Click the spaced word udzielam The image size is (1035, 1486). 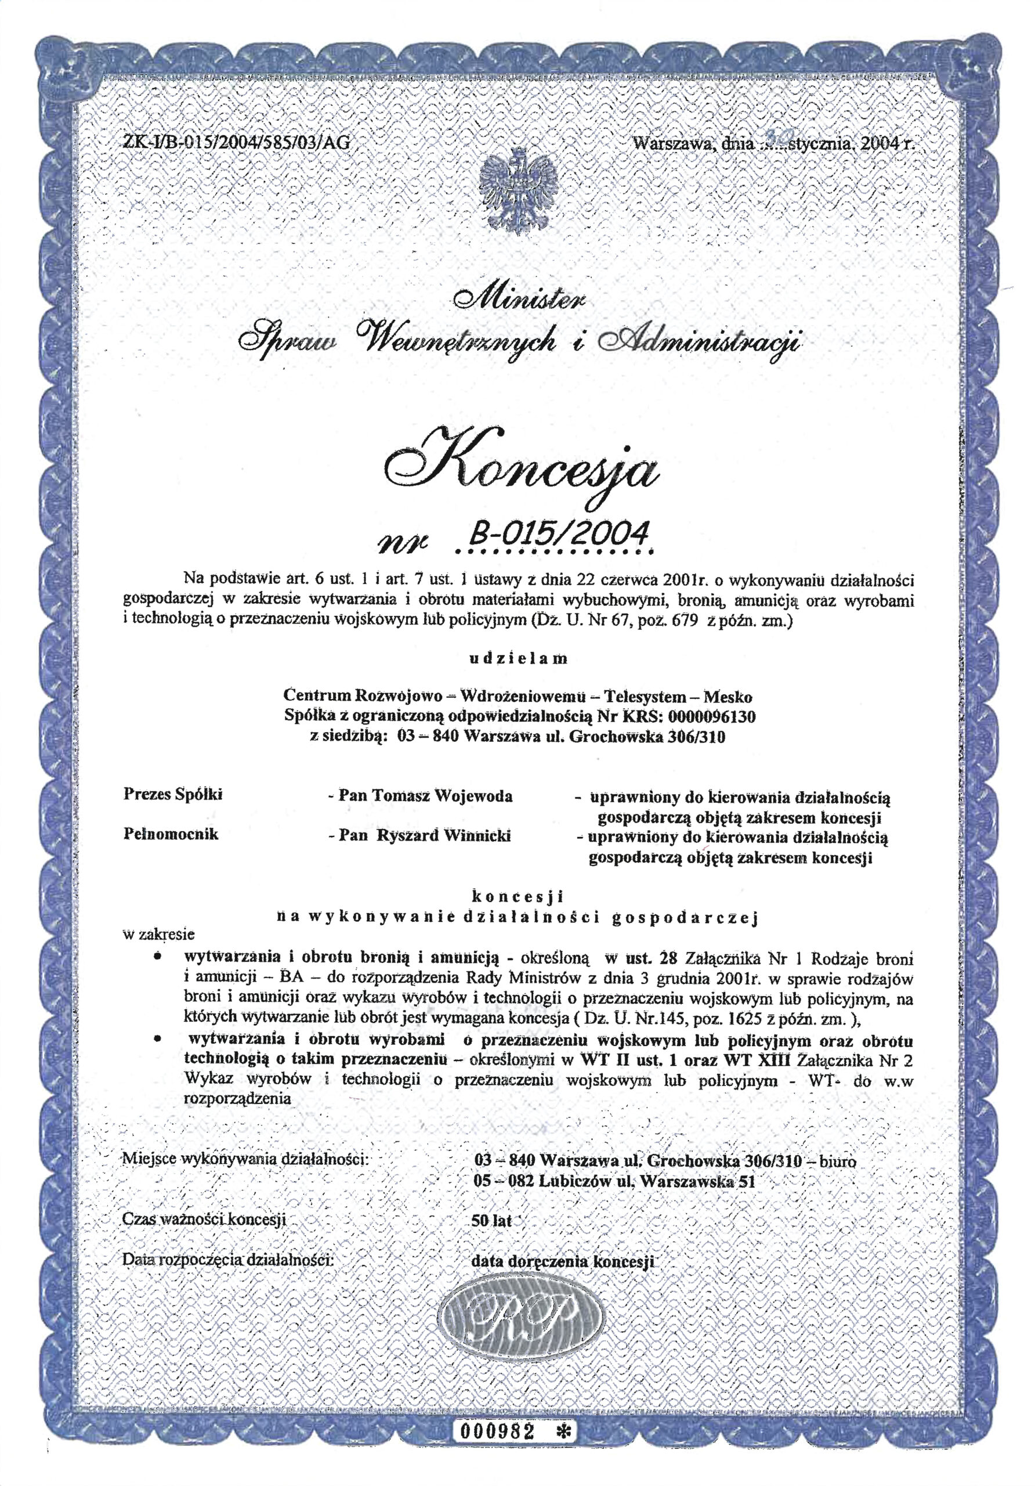517,659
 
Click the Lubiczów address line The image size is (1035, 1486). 614,1181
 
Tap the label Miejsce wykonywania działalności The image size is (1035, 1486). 245,1159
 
